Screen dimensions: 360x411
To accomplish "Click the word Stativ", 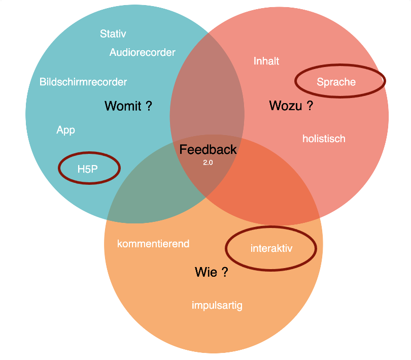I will click(x=113, y=34).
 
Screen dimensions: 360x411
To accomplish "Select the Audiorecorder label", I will click(x=142, y=52).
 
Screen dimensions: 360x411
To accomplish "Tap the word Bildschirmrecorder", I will click(x=83, y=82).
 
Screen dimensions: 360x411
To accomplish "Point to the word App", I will click(x=65, y=130).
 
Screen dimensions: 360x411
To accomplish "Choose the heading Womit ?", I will click(x=128, y=106).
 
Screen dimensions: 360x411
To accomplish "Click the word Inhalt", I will click(x=266, y=61).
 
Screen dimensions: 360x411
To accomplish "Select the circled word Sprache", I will click(x=336, y=82).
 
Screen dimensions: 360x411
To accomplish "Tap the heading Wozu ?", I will click(x=290, y=106).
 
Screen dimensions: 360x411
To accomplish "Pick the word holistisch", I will click(x=324, y=139).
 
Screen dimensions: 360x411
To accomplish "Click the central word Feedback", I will click(x=208, y=149).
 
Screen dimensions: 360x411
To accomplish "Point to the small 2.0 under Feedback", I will click(x=208, y=162).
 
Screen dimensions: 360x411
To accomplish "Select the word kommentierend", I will click(x=153, y=244).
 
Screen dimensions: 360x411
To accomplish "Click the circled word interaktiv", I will click(x=271, y=248).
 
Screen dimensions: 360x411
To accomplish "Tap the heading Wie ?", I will click(x=211, y=272).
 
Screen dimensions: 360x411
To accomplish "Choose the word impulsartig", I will click(x=217, y=305).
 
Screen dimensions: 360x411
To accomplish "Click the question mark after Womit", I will click(x=149, y=106).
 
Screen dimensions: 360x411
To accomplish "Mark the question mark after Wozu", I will click(x=310, y=106).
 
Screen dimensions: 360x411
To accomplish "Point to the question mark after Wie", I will click(x=225, y=272).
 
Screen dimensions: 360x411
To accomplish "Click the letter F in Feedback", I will click(x=183, y=149).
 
